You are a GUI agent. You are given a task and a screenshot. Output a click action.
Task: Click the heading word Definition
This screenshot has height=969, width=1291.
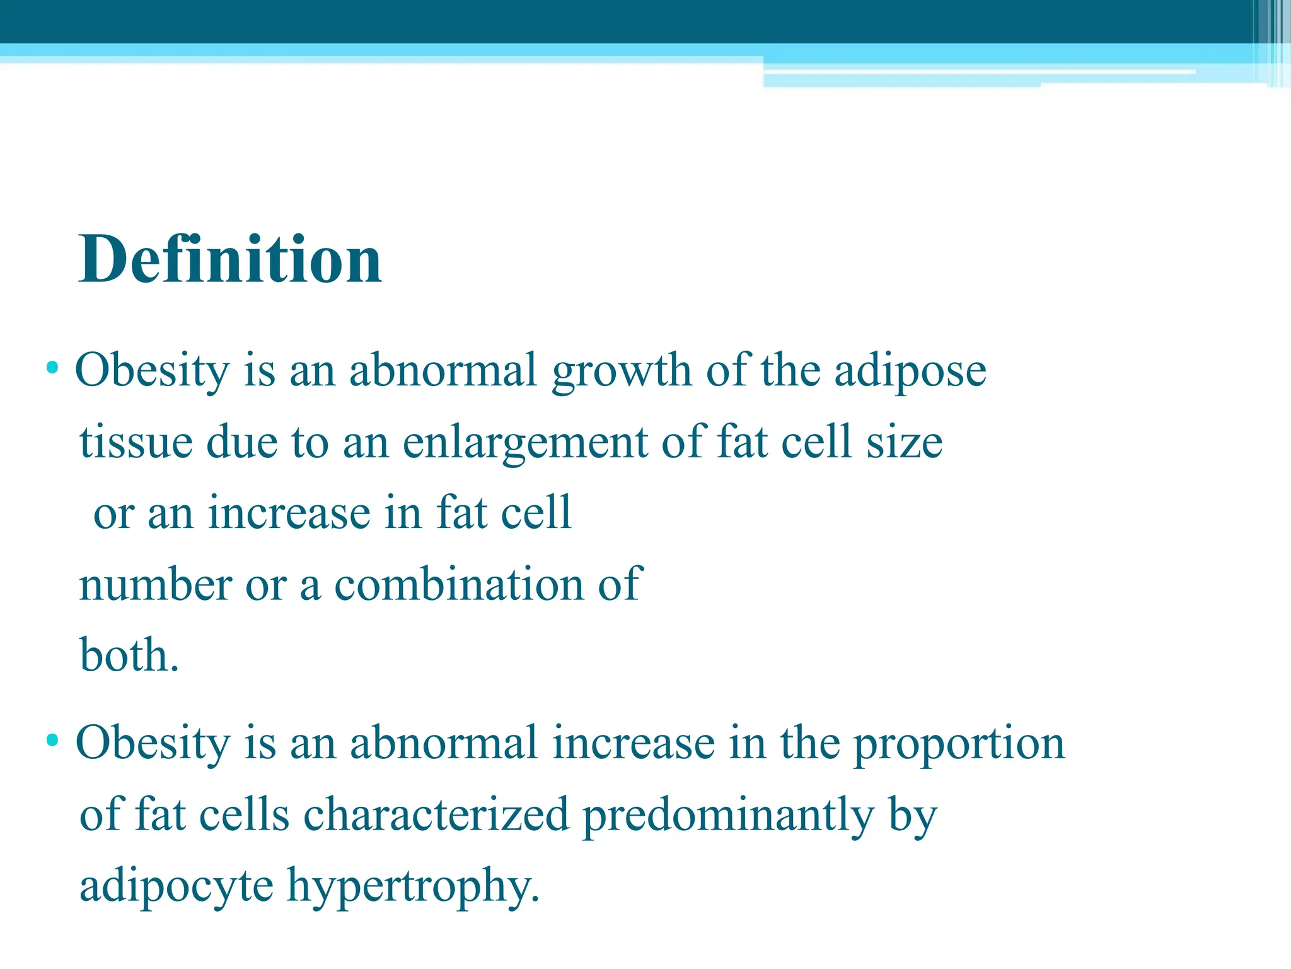pos(230,259)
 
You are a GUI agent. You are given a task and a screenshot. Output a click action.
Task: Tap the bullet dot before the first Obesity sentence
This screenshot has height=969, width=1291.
pos(53,367)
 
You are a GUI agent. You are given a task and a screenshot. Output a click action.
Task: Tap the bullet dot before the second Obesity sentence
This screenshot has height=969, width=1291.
pos(53,739)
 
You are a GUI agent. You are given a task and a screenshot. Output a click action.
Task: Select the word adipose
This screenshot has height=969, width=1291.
pos(910,372)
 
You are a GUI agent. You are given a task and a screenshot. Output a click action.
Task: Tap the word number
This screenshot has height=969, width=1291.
pos(155,584)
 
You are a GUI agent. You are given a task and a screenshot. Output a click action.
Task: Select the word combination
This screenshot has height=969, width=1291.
pos(459,584)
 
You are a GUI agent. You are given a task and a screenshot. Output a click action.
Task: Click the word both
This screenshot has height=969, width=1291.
pos(129,655)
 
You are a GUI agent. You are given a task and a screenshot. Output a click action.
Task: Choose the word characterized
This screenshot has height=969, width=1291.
pos(436,814)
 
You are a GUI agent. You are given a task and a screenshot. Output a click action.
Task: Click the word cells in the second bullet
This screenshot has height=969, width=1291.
pos(244,814)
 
